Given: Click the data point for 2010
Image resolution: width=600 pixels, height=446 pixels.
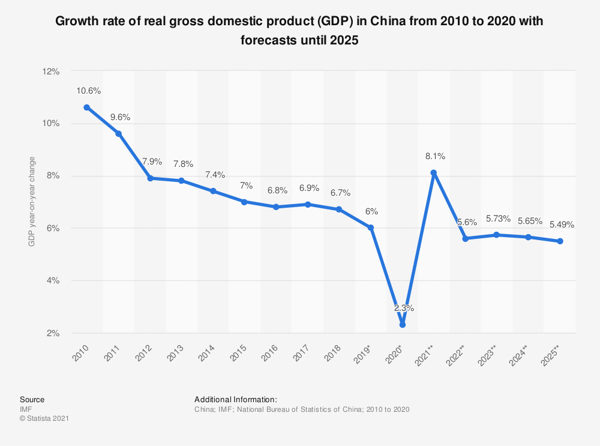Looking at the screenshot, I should click(87, 107).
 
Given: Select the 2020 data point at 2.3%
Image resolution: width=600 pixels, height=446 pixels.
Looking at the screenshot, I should click(402, 325).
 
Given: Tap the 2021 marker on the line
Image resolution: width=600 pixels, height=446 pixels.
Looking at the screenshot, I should click(434, 173).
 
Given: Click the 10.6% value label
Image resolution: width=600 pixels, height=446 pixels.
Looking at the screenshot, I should click(89, 91).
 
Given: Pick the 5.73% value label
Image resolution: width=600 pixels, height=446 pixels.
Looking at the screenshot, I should click(497, 218).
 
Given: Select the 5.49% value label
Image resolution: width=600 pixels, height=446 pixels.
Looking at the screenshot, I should click(561, 225).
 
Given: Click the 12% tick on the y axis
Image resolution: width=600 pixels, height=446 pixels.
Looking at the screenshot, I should click(51, 71).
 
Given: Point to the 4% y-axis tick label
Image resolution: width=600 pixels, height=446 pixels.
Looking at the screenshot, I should click(53, 280).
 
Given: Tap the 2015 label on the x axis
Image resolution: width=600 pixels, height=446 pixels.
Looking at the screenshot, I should click(240, 354).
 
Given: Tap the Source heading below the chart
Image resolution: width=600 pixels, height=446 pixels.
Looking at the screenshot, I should click(32, 399).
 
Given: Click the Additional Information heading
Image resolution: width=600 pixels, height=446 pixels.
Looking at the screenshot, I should click(235, 399).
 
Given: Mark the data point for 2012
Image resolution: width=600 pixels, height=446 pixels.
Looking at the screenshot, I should click(150, 178).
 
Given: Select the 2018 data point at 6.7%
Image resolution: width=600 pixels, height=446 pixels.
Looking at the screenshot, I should click(339, 209).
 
